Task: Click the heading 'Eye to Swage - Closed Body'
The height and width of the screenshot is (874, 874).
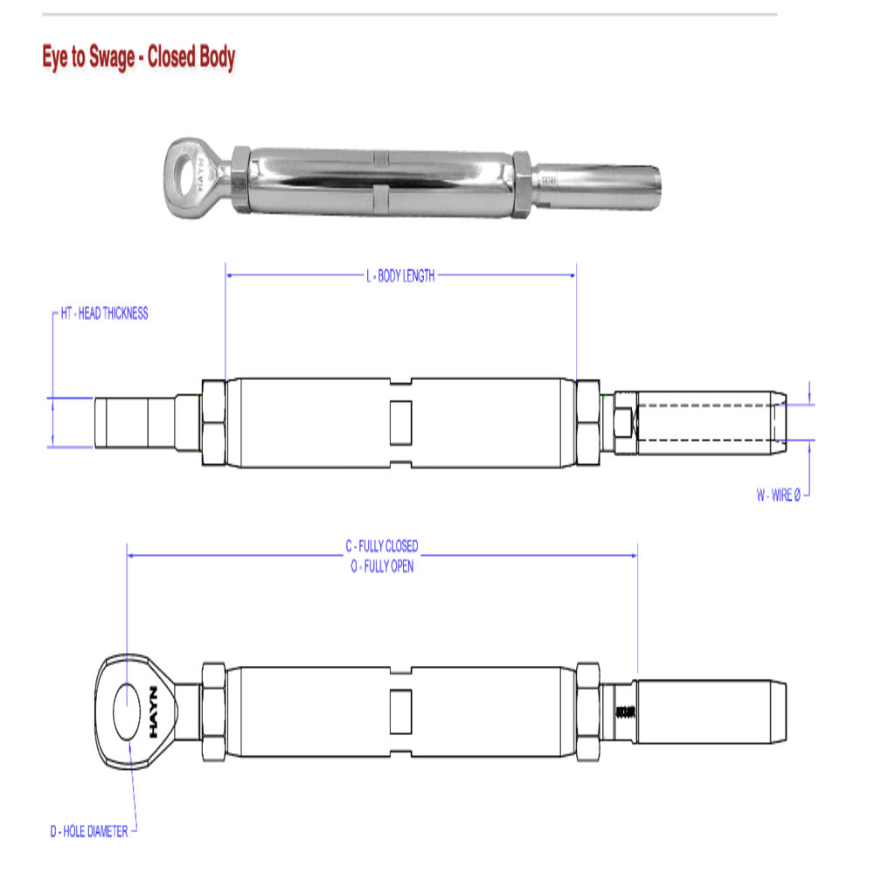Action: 139,59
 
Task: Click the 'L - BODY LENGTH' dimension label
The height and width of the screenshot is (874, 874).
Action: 399,276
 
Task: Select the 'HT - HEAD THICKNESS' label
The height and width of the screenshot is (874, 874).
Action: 105,314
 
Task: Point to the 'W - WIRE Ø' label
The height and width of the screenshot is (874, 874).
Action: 778,496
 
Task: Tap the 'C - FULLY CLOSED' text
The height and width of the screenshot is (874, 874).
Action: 381,546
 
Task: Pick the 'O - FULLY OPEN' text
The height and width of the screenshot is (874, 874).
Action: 381,565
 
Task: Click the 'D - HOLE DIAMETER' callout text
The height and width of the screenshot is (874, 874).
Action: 88,830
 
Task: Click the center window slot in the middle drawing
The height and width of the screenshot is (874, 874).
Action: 399,422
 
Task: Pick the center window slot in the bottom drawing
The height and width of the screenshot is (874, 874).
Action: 399,710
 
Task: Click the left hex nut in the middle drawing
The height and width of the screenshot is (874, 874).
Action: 213,423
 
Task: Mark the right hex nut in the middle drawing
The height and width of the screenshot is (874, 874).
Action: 587,423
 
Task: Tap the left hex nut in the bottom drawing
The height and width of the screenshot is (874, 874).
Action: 213,710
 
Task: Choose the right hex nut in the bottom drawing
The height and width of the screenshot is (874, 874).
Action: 587,710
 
